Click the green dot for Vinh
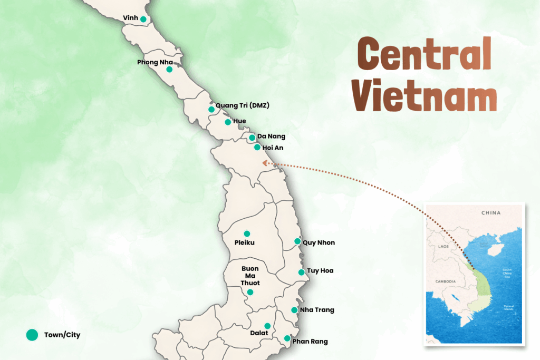(143, 19)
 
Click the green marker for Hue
(228, 122)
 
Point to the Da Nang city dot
(252, 138)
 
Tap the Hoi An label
(272, 148)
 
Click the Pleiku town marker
(247, 233)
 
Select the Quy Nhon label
(319, 242)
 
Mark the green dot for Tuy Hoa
(301, 273)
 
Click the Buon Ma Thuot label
(250, 276)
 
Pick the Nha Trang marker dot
(294, 310)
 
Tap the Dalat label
(259, 333)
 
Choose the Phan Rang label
(310, 342)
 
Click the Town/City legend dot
(32, 335)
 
